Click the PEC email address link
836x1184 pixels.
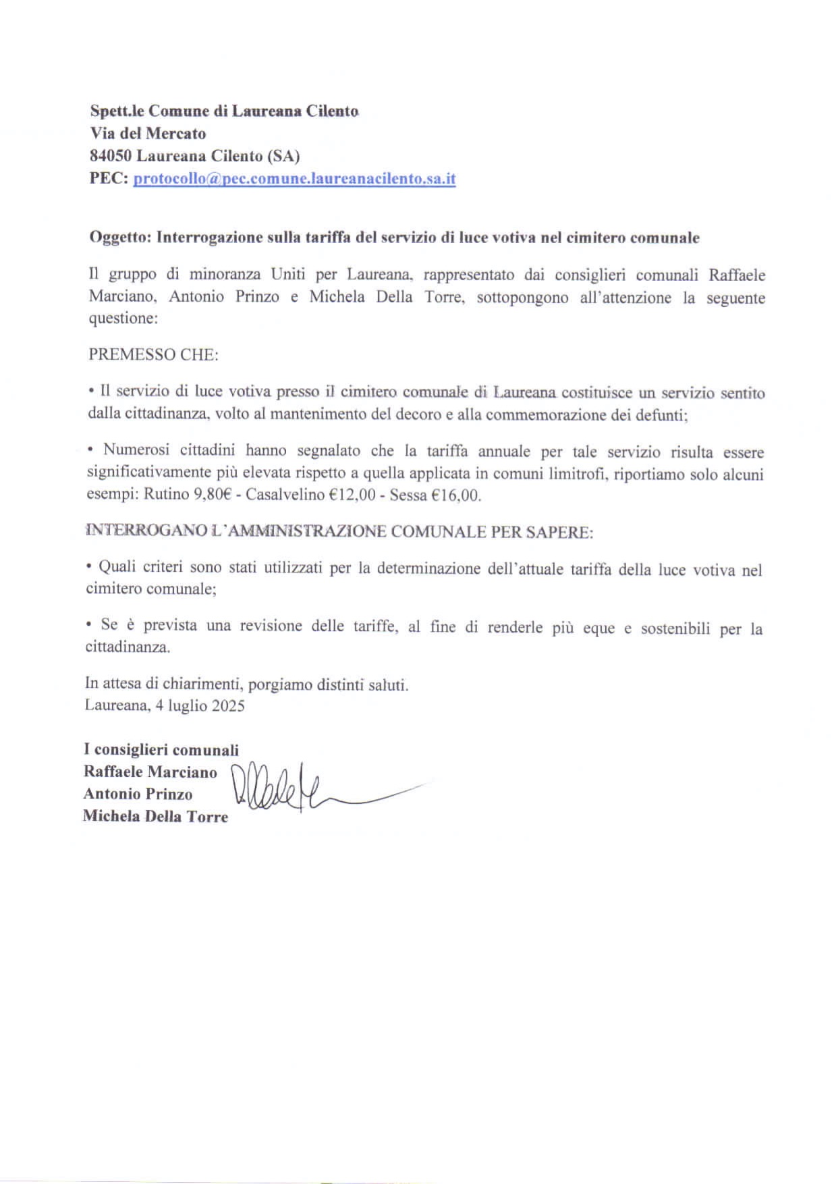pos(294,180)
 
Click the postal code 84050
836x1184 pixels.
pos(111,156)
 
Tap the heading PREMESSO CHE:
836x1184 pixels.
pos(153,355)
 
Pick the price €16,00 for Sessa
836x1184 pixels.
pos(455,495)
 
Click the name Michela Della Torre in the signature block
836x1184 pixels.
pos(155,817)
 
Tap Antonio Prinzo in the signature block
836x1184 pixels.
pos(138,795)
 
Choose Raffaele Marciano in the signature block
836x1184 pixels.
pos(150,772)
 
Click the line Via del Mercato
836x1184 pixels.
pos(148,134)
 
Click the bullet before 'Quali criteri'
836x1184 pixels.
pos(90,566)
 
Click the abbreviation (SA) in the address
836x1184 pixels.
pos(283,156)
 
